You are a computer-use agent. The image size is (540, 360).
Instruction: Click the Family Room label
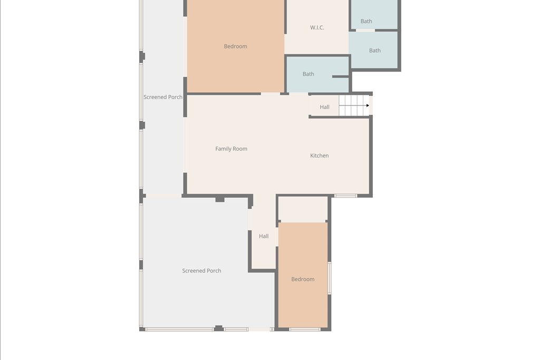click(x=231, y=149)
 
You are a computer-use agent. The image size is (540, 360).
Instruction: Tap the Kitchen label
click(x=319, y=155)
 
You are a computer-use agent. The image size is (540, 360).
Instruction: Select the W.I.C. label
click(x=317, y=27)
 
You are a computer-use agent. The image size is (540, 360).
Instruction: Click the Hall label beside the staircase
click(x=324, y=107)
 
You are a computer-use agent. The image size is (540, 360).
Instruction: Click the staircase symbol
click(x=354, y=105)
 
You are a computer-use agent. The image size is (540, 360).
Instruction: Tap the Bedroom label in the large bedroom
click(x=236, y=46)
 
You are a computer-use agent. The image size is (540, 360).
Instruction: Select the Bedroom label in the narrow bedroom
click(x=303, y=279)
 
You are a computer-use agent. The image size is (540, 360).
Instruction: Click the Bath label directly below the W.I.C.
click(x=308, y=74)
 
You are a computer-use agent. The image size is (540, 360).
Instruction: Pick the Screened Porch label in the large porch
click(x=201, y=270)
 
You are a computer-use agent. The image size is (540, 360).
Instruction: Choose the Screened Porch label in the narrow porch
click(x=163, y=97)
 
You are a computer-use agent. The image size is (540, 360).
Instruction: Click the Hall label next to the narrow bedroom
click(x=264, y=236)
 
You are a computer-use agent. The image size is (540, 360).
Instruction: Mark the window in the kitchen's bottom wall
click(x=346, y=196)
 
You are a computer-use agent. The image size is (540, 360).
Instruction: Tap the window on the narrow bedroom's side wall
click(x=329, y=278)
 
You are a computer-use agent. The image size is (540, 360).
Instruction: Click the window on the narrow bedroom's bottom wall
click(x=305, y=329)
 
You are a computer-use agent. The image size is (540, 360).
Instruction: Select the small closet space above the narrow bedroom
click(x=303, y=209)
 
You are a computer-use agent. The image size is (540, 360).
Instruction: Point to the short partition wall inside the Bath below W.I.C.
click(x=341, y=77)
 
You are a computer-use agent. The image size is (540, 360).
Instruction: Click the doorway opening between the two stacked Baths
click(x=365, y=30)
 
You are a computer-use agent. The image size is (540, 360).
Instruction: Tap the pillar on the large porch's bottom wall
click(x=219, y=328)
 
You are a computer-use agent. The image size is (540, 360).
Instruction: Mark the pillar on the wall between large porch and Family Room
click(x=220, y=199)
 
